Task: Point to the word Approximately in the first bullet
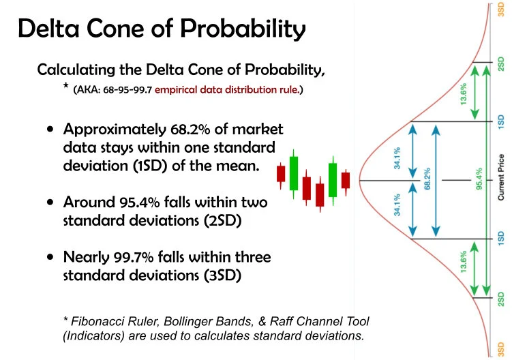click(111, 130)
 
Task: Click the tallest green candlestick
click(294, 174)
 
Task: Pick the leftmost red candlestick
click(281, 174)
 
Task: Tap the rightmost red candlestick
click(346, 179)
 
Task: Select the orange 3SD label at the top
click(501, 12)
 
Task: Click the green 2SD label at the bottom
click(501, 298)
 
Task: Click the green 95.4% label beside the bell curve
click(478, 180)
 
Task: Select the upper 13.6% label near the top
click(464, 93)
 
